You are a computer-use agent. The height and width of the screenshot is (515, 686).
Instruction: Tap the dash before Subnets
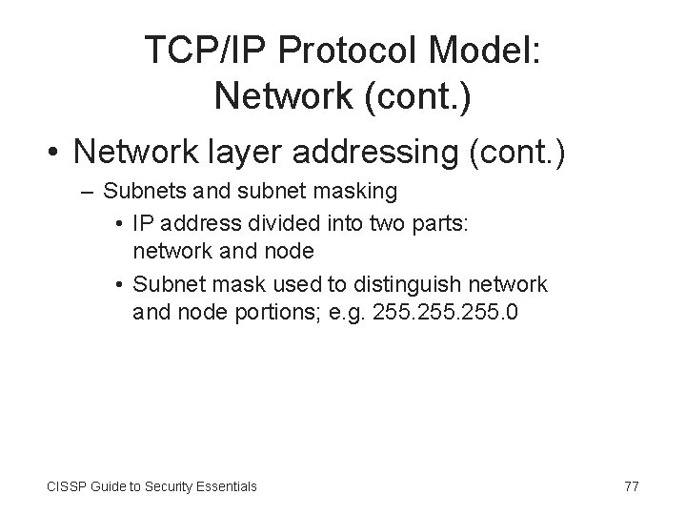click(88, 192)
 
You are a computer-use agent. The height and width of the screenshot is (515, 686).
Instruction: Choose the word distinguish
click(417, 284)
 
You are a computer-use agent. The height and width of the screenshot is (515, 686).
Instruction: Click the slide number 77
click(631, 486)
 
